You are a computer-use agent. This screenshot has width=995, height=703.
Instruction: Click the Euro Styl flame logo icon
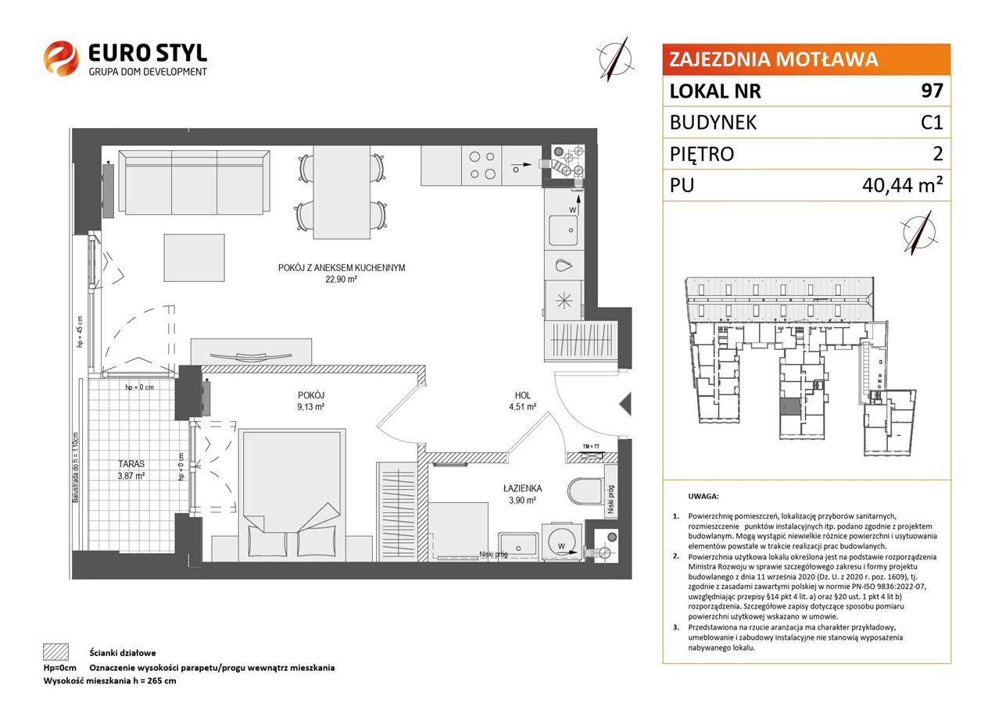[x=61, y=59]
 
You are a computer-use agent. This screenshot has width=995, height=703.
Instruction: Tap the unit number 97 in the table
[x=932, y=91]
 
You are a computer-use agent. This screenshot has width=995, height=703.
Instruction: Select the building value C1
[x=932, y=123]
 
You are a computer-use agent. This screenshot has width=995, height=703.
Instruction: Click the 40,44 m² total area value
[x=902, y=184]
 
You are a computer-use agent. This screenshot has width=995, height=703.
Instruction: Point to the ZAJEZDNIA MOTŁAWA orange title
[x=774, y=59]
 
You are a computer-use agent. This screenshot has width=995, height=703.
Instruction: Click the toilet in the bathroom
[x=586, y=491]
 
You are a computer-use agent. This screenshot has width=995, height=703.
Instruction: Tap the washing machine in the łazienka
[x=561, y=542]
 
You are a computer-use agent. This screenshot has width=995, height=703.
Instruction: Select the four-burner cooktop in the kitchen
[x=482, y=165]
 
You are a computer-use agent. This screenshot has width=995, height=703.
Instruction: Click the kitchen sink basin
[x=564, y=230]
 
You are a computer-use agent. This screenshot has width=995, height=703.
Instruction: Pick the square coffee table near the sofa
[x=194, y=258]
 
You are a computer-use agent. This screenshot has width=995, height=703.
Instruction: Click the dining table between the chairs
[x=342, y=192]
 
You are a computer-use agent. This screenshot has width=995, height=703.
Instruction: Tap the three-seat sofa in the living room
[x=194, y=183]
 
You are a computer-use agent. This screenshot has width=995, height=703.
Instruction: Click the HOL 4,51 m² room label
[x=522, y=400]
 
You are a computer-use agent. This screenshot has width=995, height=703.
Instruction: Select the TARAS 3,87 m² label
[x=131, y=469]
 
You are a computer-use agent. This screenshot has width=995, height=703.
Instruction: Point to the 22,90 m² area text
[x=341, y=279]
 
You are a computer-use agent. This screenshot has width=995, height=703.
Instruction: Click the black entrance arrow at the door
[x=625, y=404]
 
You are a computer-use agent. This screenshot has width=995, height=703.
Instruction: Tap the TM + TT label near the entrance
[x=591, y=447]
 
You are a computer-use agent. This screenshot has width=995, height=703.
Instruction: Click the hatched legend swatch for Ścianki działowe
[x=56, y=652]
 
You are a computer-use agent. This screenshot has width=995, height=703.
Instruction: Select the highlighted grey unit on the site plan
[x=790, y=406]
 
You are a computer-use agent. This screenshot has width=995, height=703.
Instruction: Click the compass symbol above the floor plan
[x=615, y=59]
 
